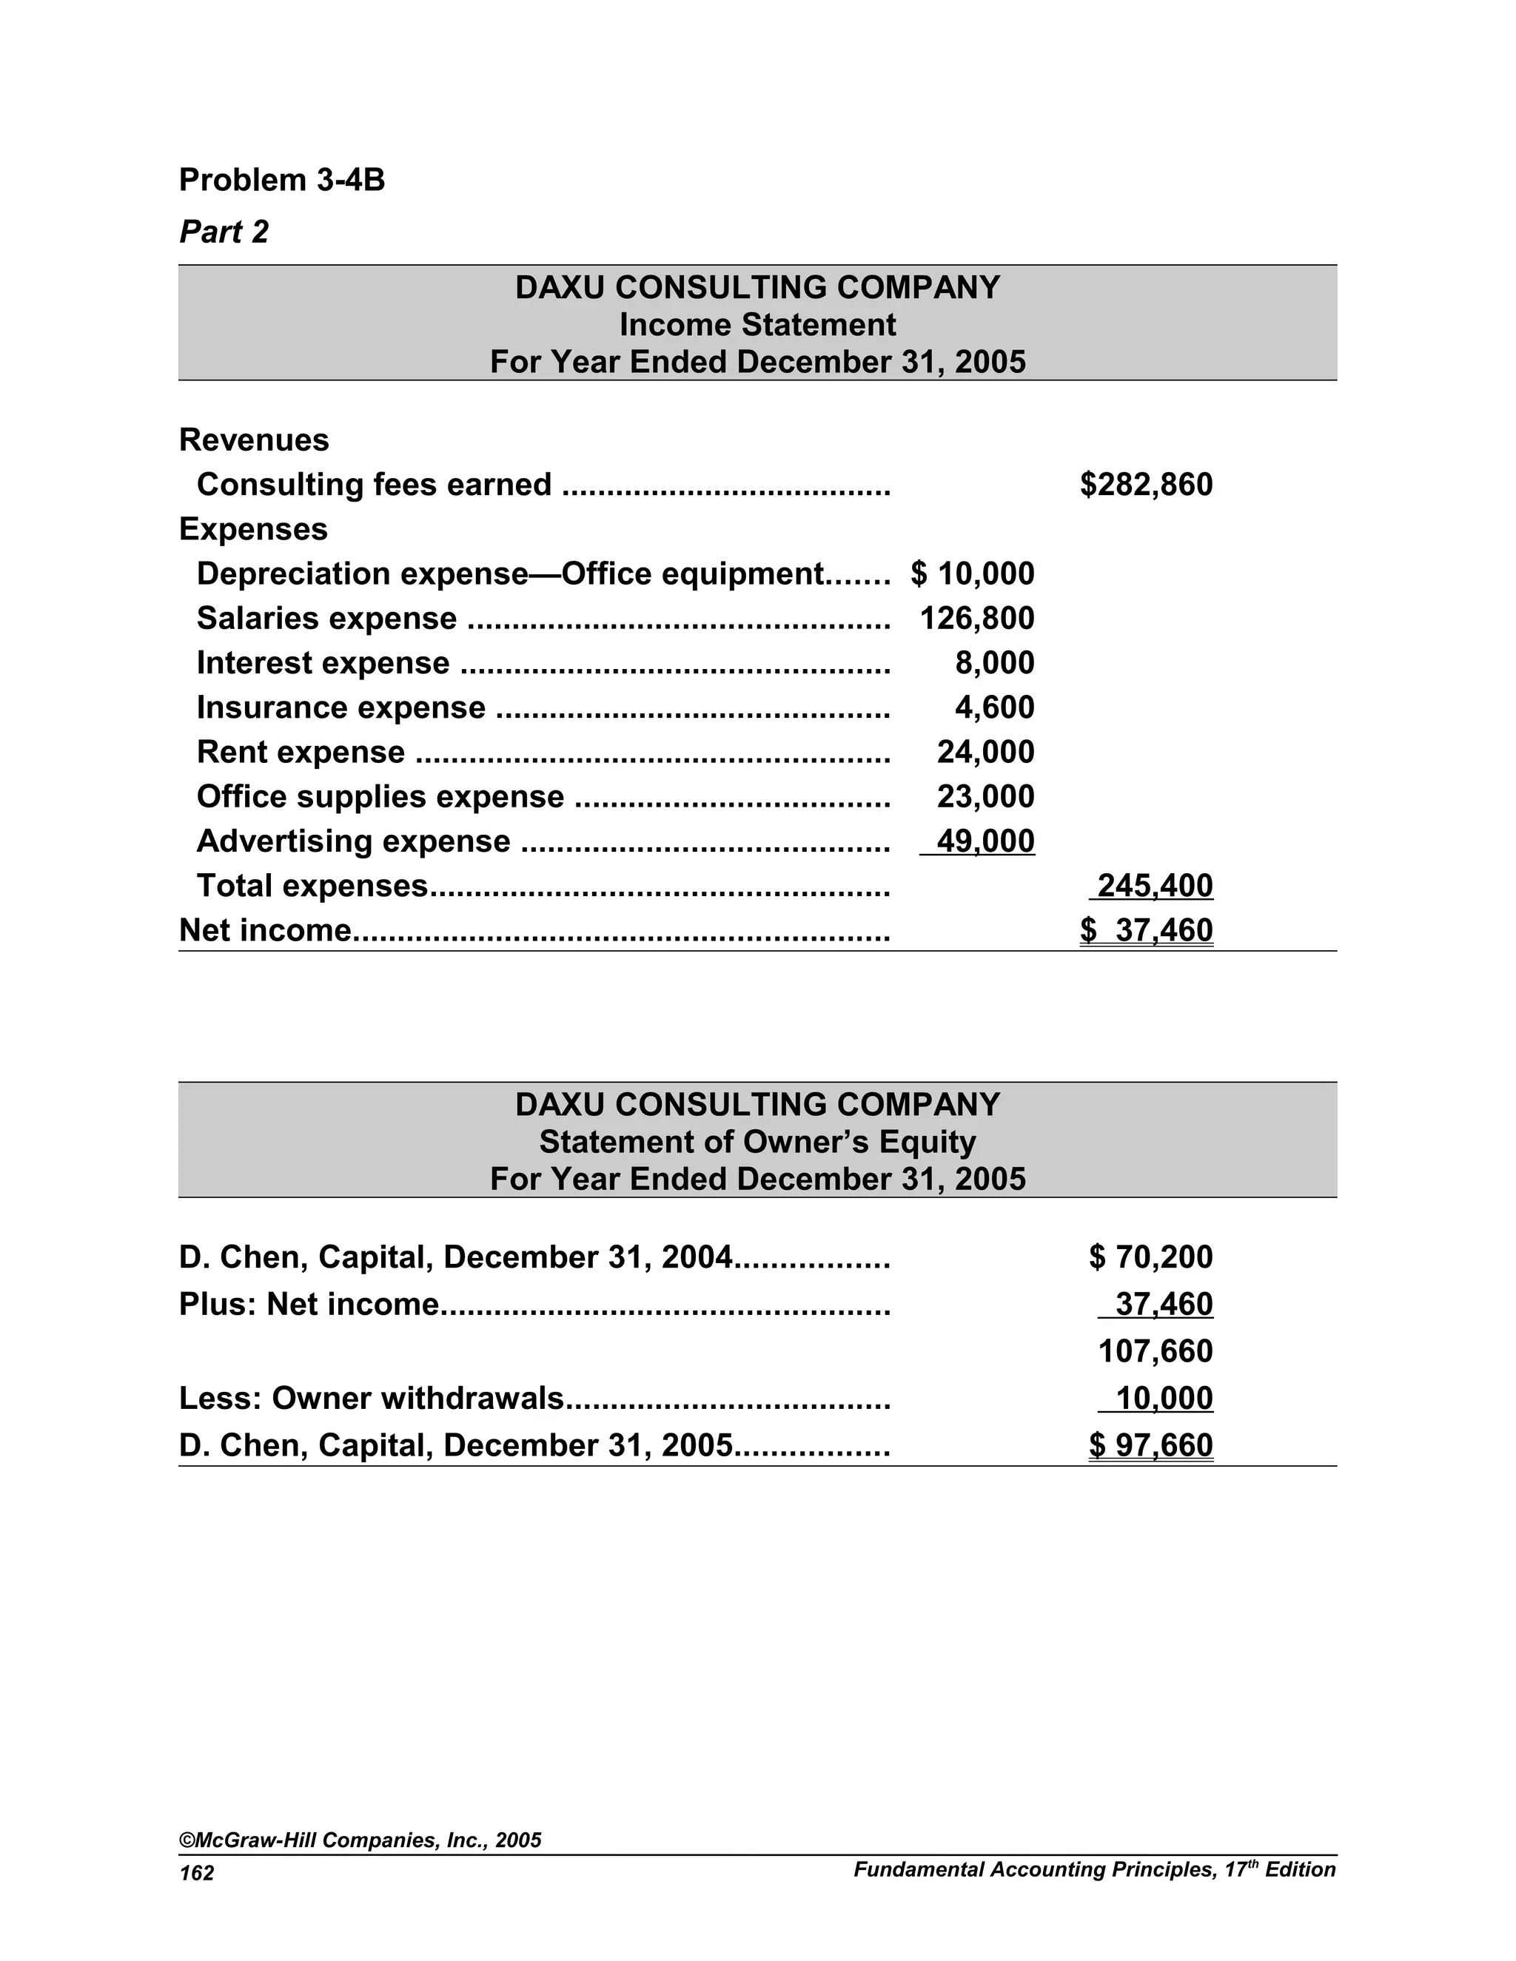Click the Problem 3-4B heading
(282, 180)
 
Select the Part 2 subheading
(224, 232)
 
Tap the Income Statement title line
(757, 324)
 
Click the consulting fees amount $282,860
(1146, 485)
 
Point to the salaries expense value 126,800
(977, 619)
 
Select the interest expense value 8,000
(994, 662)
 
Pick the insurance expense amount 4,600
(994, 707)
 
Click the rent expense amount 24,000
(985, 752)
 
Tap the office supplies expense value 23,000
(985, 796)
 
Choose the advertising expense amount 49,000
(985, 841)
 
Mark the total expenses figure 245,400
(1155, 885)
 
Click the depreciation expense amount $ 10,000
(973, 573)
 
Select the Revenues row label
(254, 440)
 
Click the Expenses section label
(253, 529)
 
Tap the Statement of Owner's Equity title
(757, 1141)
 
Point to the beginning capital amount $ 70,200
(1150, 1257)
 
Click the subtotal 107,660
(1155, 1351)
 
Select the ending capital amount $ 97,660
(1150, 1446)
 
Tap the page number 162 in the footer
(197, 1873)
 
